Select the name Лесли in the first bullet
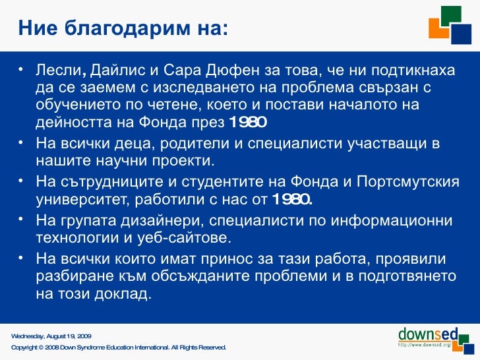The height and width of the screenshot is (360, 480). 58,70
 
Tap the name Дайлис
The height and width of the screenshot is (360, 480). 114,70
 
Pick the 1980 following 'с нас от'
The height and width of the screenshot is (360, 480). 291,199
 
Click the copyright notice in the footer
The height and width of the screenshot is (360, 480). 119,347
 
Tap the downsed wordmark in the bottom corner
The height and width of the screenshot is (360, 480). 425,332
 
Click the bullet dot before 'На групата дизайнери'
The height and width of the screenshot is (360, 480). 21,218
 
